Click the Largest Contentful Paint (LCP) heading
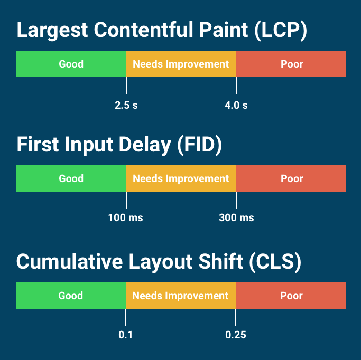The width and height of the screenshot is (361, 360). pos(162,30)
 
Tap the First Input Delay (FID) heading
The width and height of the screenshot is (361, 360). pos(119,145)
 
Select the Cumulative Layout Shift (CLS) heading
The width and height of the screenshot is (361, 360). pos(159,262)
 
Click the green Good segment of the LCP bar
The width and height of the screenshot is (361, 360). pos(71,64)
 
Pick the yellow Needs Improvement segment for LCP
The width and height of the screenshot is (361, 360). pos(181,64)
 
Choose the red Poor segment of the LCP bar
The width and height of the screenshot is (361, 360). pos(291,64)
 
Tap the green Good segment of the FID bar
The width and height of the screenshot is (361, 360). pos(71,178)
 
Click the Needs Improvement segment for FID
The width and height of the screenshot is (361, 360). pos(181,178)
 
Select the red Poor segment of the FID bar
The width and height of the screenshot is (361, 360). pos(291,178)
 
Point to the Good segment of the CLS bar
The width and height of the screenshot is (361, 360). pos(71,296)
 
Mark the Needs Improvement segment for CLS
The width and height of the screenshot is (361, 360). pos(180,296)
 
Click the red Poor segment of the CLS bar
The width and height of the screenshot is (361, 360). pos(291,296)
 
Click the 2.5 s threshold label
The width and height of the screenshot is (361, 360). pos(126,105)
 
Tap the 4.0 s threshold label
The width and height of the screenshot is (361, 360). pos(236,105)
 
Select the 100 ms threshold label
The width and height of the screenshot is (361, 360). pos(126,217)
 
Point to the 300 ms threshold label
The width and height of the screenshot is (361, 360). pos(236,217)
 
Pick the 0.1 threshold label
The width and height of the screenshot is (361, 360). pos(125,335)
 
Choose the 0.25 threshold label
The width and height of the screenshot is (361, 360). pos(236,335)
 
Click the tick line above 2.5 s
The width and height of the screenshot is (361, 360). pos(126,86)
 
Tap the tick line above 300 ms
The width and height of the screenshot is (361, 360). pos(236,200)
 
